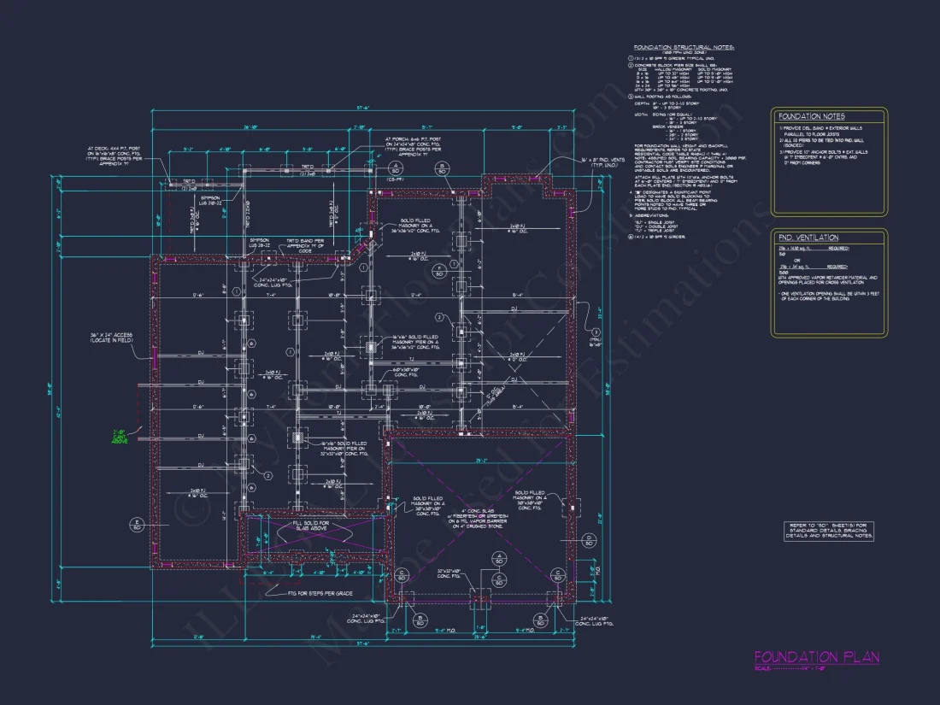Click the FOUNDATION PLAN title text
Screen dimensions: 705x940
(816, 657)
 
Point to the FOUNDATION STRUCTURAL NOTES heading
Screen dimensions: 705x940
(684, 48)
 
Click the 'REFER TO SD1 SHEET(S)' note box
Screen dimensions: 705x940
(829, 531)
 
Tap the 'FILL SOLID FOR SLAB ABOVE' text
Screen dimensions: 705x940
(311, 526)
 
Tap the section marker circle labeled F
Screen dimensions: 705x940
(438, 272)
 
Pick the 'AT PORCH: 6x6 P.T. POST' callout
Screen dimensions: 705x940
(415, 146)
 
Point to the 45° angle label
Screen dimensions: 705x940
(496, 397)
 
